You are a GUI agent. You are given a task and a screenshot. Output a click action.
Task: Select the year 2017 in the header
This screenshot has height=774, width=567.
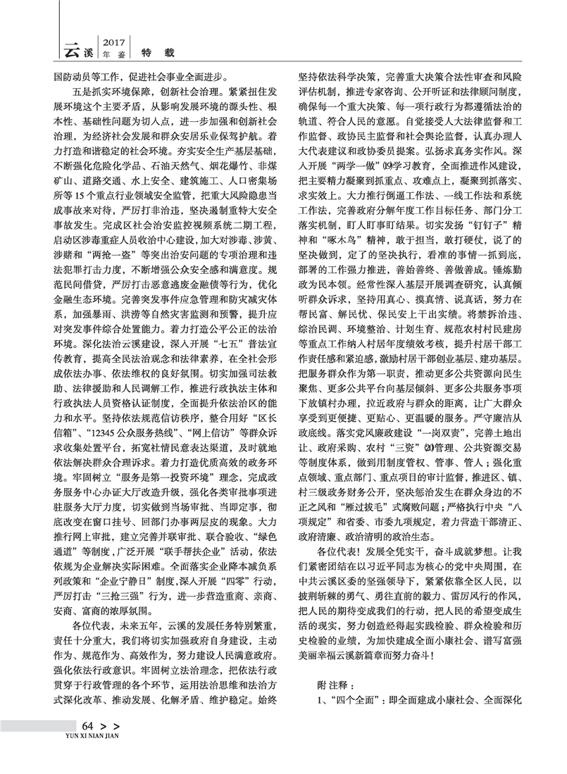click(114, 42)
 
